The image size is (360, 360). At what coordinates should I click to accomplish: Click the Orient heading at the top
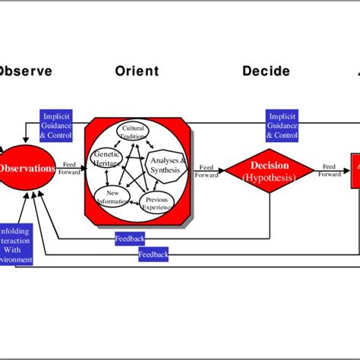click(137, 71)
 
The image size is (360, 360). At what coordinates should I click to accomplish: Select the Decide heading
click(266, 71)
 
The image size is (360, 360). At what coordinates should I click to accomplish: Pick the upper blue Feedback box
click(130, 238)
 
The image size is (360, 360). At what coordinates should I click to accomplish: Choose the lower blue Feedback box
click(153, 255)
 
